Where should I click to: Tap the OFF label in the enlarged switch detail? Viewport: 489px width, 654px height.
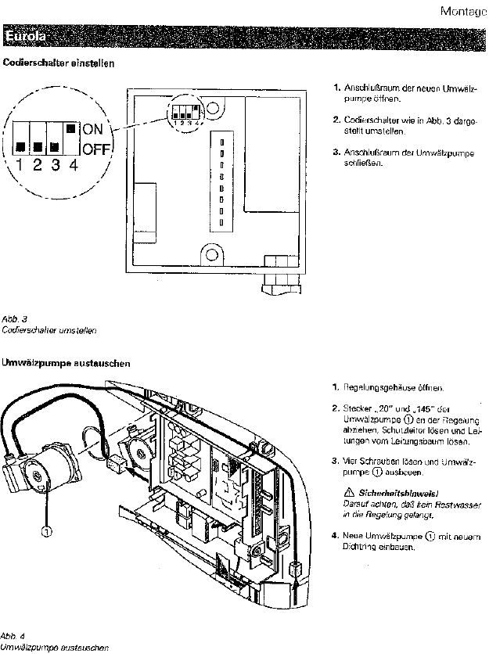[x=95, y=149]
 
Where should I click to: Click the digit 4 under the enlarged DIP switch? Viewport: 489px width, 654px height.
[x=73, y=166]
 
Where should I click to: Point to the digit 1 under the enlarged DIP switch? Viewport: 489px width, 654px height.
[x=18, y=166]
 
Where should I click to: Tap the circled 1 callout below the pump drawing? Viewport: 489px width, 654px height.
[x=46, y=532]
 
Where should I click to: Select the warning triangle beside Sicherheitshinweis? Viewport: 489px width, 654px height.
[x=348, y=491]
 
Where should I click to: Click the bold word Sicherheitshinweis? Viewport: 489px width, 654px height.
[x=388, y=492]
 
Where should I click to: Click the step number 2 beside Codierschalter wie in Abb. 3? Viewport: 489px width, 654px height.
[x=336, y=120]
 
